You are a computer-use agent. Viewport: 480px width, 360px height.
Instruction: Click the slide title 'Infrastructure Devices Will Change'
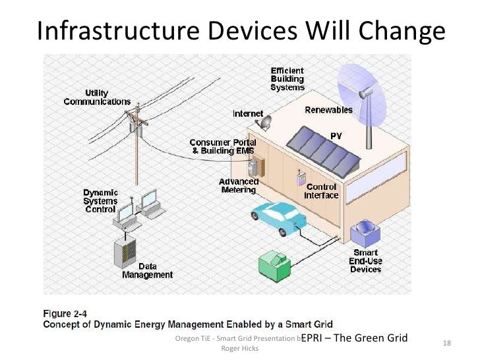(x=239, y=30)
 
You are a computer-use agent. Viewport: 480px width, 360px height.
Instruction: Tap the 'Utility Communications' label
(x=97, y=98)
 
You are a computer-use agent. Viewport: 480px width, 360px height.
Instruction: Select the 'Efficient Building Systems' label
(x=287, y=78)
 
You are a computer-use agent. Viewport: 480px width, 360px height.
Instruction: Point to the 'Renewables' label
(x=328, y=110)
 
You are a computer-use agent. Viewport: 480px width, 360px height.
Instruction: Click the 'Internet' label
(x=247, y=113)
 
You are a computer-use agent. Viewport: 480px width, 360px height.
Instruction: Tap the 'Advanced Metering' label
(x=238, y=185)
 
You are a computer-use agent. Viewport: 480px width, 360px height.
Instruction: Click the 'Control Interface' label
(x=321, y=191)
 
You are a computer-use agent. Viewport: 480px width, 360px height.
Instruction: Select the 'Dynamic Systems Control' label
(x=100, y=200)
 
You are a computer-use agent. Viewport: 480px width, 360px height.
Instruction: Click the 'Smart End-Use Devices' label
(x=365, y=261)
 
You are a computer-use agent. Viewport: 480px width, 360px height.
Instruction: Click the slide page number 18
(x=446, y=343)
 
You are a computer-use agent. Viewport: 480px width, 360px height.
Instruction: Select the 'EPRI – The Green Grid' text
(x=354, y=338)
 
